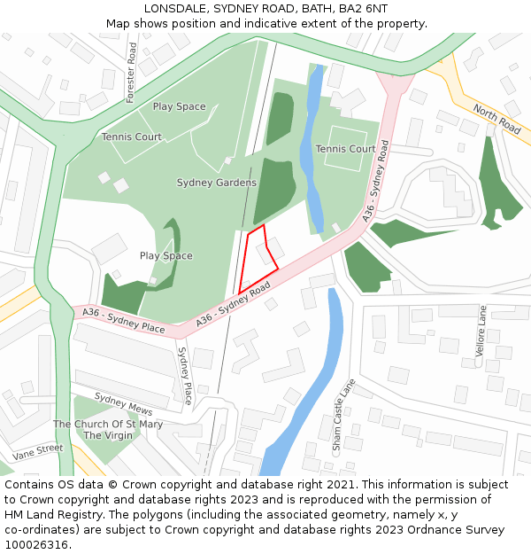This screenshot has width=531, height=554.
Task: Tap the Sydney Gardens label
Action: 217,183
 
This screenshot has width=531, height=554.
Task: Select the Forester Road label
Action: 130,72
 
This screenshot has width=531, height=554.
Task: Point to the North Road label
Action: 496,119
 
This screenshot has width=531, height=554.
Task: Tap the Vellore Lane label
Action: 482,332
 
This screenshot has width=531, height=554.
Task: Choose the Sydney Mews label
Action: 123,405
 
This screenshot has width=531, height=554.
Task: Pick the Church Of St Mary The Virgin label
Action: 108,430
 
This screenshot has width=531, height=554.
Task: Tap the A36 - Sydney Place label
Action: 124,319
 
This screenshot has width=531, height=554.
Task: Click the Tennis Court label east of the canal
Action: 345,149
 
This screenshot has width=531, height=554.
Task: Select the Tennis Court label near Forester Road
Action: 131,137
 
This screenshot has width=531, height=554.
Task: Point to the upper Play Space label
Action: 179,106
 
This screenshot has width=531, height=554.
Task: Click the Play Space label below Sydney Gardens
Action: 165,256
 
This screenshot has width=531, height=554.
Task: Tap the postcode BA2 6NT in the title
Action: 364,8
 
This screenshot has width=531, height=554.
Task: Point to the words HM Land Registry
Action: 58,515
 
